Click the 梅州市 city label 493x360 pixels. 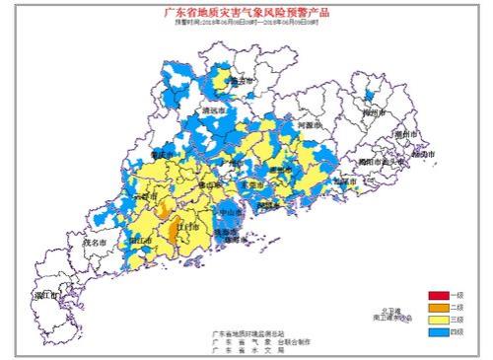click(x=372, y=113)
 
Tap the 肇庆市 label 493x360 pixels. click(x=163, y=155)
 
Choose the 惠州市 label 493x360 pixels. click(x=283, y=169)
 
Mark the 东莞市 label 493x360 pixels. click(x=253, y=184)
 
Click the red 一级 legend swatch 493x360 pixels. click(x=438, y=296)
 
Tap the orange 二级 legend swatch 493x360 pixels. click(x=438, y=308)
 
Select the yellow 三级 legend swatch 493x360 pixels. click(x=438, y=320)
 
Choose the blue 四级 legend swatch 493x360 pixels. click(x=438, y=332)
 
